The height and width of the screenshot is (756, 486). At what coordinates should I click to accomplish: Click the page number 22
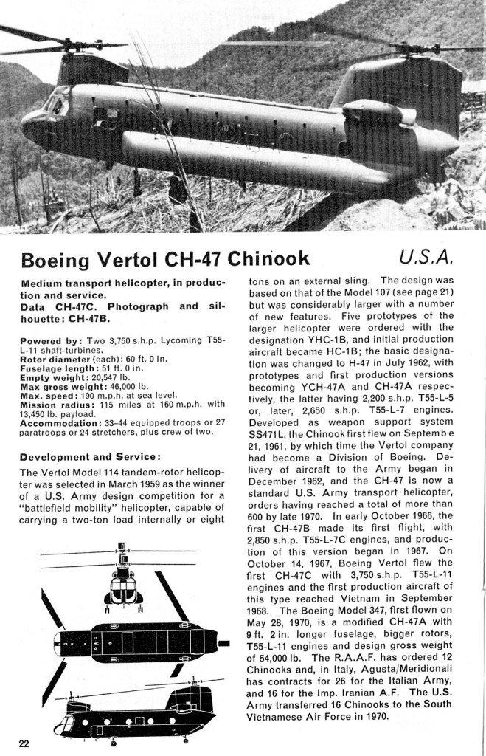[24, 742]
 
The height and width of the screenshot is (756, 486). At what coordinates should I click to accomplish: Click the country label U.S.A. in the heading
[426, 258]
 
